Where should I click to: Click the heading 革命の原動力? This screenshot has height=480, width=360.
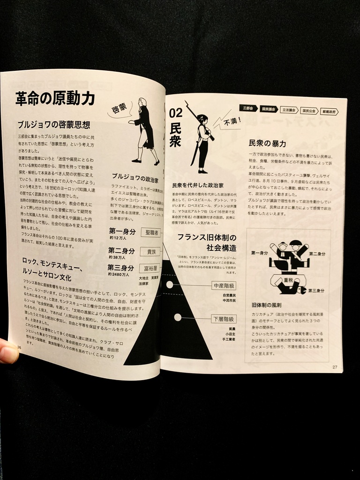55,99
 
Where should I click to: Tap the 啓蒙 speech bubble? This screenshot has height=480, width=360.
119,109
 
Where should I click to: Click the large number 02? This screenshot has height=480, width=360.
175,112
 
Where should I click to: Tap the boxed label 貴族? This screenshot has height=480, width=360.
151,251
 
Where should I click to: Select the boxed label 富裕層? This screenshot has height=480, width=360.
150,269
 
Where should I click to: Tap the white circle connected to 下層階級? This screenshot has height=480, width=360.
178,317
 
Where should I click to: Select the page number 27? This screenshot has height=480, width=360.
334,367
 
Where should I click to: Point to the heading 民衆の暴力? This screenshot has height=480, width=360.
267,143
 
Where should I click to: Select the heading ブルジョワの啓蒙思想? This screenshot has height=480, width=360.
54,125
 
